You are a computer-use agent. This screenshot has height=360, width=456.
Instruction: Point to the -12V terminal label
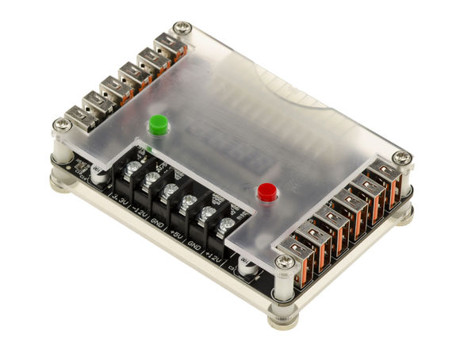pos(140,208)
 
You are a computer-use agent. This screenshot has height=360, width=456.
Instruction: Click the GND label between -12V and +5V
pos(158,218)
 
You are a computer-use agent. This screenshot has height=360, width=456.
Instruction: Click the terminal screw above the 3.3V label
pos(133,170)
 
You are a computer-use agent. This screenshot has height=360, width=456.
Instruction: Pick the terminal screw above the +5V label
pos(189,205)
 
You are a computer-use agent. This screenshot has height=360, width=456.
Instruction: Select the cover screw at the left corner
pos(60,124)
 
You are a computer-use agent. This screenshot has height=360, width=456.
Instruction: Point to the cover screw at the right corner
pos(403,158)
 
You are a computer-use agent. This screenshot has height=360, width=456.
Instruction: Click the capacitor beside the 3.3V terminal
pos(98,174)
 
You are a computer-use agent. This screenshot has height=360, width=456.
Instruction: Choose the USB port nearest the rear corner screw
pos(167,45)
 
